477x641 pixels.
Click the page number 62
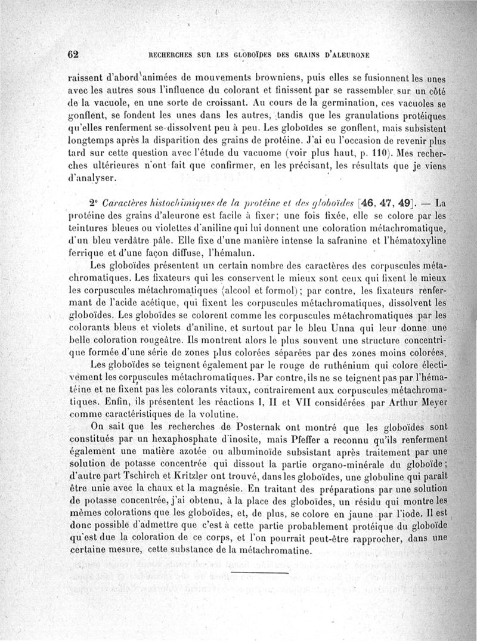coord(73,54)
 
